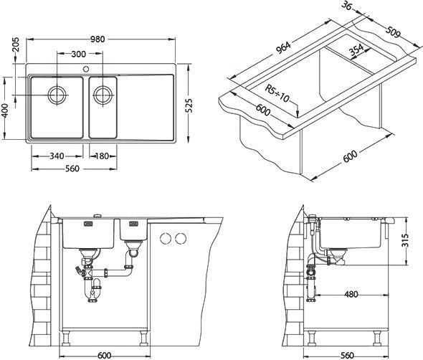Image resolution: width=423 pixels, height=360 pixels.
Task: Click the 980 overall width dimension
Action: (98, 39)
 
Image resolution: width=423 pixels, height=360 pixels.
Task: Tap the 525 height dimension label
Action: (189, 105)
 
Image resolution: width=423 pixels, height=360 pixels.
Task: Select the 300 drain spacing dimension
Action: (78, 55)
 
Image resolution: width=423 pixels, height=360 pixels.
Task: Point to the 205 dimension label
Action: (16, 44)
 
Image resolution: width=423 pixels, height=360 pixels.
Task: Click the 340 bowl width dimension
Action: (57, 156)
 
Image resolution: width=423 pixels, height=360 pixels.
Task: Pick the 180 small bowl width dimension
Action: (102, 156)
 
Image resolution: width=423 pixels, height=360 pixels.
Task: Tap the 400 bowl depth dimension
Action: (5, 111)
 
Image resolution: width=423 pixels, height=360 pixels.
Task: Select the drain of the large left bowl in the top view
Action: (57, 95)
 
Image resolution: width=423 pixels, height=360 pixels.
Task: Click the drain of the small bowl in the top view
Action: (103, 95)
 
